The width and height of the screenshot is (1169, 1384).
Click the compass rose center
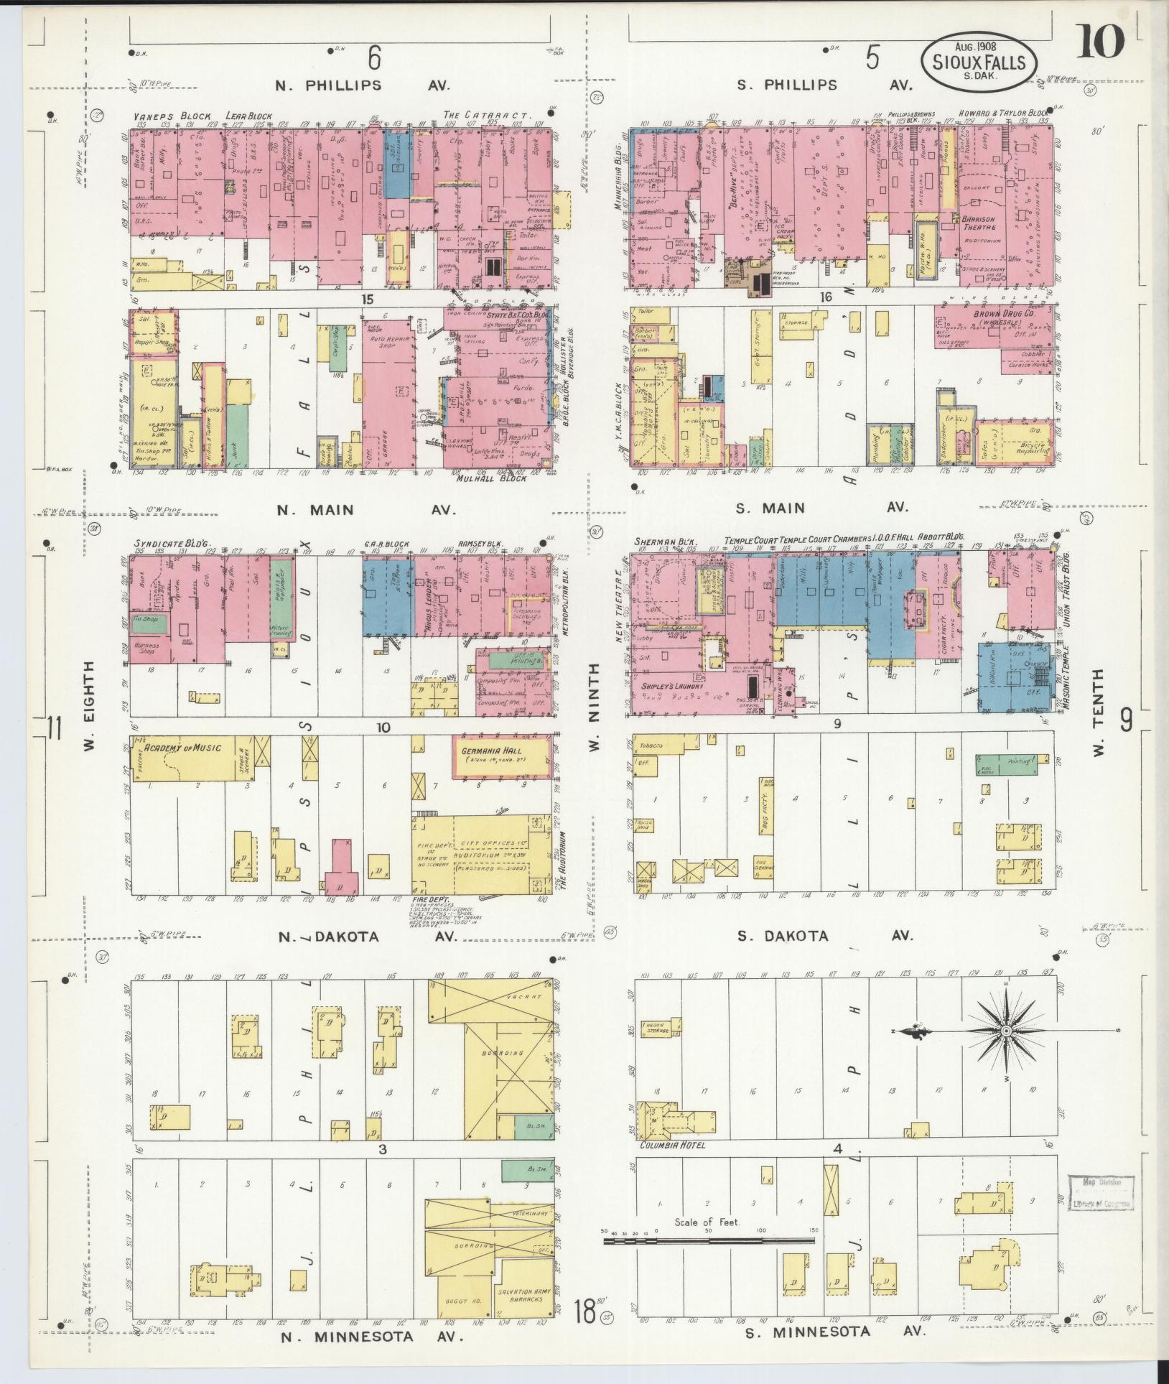pos(1005,1031)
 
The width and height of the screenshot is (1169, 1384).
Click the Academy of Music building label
pos(182,748)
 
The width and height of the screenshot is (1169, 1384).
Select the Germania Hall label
pos(495,749)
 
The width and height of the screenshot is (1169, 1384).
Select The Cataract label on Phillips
pos(486,115)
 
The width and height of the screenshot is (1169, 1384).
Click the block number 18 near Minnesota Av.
pos(584,1314)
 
